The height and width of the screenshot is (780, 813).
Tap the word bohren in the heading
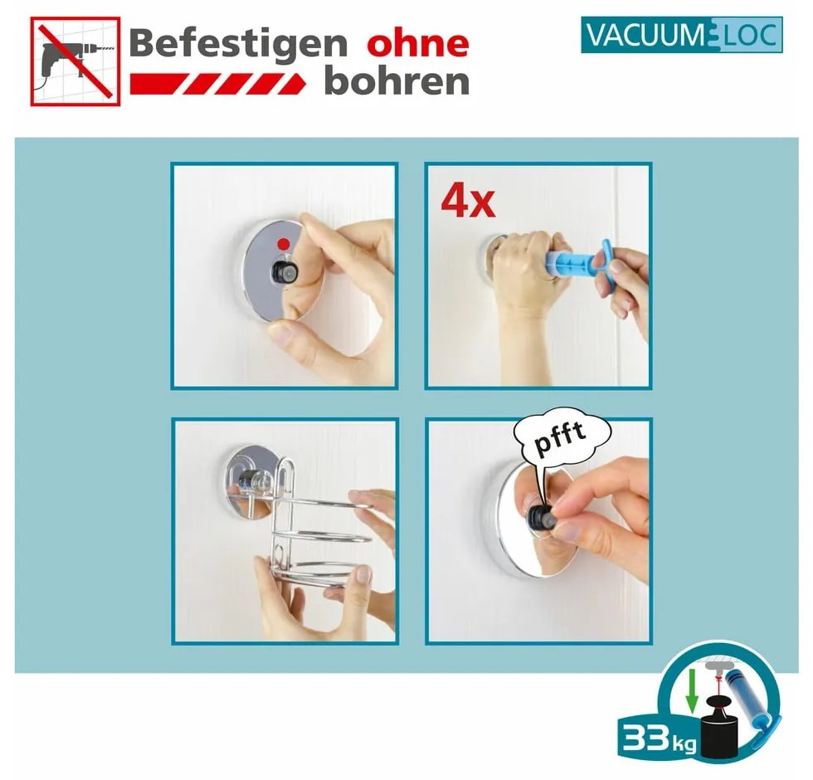click(397, 81)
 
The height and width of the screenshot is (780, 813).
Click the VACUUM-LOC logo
click(681, 36)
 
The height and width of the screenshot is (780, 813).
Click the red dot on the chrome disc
click(284, 244)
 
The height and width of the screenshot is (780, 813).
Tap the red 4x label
click(467, 202)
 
